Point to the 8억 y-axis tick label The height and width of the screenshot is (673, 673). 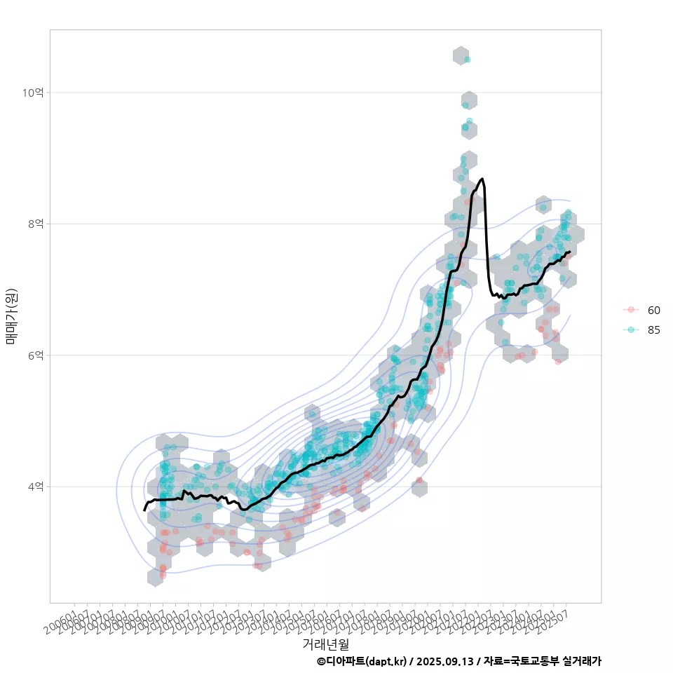(x=36, y=224)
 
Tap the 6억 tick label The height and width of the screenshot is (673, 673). (x=36, y=355)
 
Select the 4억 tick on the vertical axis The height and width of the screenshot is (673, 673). (x=36, y=487)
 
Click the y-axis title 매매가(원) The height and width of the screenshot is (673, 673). (x=11, y=316)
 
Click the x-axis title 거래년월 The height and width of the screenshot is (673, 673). (x=325, y=644)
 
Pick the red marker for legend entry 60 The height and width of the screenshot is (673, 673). (x=631, y=310)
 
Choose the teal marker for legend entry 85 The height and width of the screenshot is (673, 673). (x=631, y=330)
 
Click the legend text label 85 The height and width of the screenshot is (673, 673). (x=654, y=330)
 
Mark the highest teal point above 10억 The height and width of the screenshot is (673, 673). (x=467, y=60)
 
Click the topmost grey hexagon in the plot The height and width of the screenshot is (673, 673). (x=461, y=55)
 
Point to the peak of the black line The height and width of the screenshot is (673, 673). (x=482, y=179)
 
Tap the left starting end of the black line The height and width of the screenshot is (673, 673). (x=144, y=510)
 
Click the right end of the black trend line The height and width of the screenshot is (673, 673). (x=569, y=251)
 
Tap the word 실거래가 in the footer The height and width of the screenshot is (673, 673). (x=582, y=661)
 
